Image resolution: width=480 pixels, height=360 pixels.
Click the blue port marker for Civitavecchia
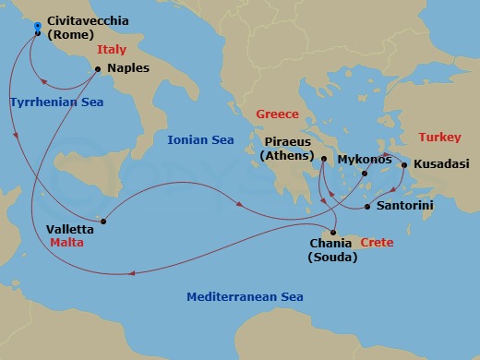[37, 26]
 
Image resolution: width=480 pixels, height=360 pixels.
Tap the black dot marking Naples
[97, 68]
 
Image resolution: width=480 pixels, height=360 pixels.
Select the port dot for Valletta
[103, 221]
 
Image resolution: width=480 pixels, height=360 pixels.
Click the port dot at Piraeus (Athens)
[324, 159]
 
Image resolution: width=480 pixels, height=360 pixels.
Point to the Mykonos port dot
[365, 173]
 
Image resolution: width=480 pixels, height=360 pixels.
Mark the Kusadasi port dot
[404, 165]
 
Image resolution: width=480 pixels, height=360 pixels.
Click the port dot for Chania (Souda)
[333, 231]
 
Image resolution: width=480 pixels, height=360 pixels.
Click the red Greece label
[277, 114]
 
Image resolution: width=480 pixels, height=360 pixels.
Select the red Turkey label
[439, 137]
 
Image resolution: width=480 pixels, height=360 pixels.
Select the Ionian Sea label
[199, 140]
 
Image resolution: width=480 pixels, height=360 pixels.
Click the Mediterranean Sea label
[245, 297]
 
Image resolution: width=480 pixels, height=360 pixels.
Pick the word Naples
[128, 68]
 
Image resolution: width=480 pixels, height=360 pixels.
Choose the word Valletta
[69, 228]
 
